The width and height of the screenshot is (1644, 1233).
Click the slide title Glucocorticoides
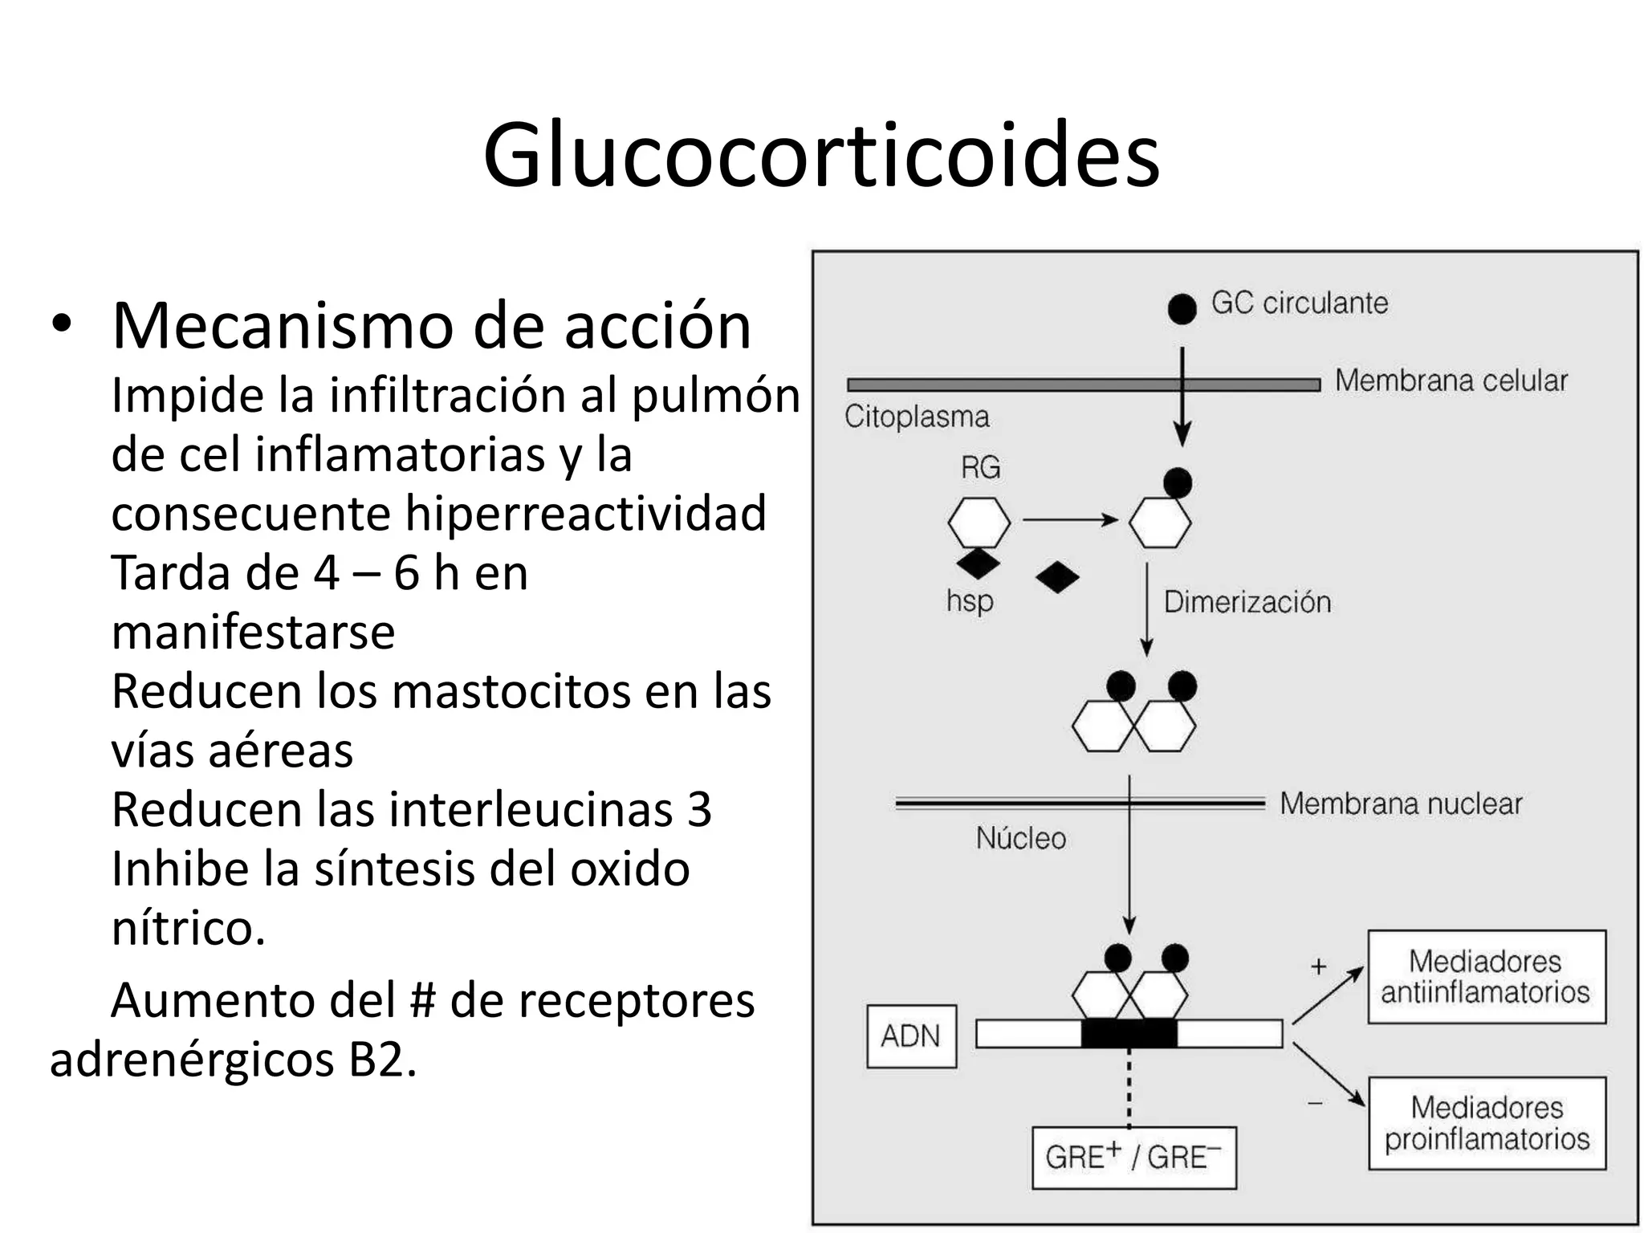point(821,154)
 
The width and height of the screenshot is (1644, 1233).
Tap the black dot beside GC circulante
point(1182,307)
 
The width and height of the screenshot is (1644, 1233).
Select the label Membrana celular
point(1451,380)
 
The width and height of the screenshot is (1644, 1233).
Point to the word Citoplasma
point(917,417)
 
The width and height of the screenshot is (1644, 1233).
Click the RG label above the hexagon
point(980,467)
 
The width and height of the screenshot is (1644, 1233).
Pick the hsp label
point(970,600)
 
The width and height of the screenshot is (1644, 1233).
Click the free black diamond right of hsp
point(1057,577)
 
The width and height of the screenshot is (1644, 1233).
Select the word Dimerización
point(1247,602)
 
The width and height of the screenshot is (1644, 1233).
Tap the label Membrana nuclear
point(1401,804)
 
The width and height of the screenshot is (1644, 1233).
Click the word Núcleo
point(1021,838)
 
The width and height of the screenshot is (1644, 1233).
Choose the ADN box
point(911,1036)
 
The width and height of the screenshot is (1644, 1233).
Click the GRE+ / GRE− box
point(1133,1158)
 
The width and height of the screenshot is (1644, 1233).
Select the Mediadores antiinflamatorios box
point(1486,977)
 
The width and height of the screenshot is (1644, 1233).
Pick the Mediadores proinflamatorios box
point(1487,1123)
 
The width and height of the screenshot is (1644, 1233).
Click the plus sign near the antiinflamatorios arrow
point(1318,966)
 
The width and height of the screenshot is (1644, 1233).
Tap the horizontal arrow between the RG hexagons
point(1070,520)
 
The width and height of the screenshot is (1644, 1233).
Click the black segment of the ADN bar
point(1129,1033)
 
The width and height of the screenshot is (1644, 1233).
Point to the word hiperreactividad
point(585,513)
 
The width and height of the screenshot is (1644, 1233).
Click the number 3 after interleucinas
point(699,809)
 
